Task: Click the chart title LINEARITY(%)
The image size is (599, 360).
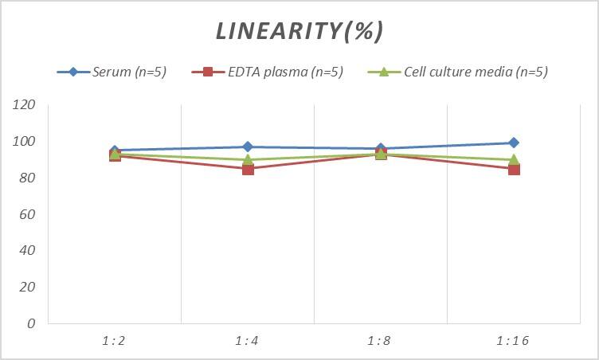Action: click(299, 31)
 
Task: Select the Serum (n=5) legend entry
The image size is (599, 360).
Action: click(112, 72)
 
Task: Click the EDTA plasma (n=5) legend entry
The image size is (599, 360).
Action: click(268, 72)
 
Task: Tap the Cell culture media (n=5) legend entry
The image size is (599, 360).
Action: click(457, 72)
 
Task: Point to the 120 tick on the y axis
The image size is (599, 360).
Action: click(25, 105)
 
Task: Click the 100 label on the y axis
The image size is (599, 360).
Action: click(25, 142)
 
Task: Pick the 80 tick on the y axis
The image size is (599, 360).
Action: click(28, 178)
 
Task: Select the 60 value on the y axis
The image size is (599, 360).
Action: click(28, 214)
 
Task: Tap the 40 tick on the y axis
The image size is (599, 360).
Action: click(28, 250)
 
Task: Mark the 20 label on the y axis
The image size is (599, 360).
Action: click(28, 287)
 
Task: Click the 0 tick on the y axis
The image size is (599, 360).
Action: click(31, 323)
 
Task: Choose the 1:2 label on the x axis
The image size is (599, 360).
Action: click(114, 341)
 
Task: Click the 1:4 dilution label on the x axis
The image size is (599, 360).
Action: click(247, 341)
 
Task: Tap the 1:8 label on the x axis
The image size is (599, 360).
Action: click(380, 341)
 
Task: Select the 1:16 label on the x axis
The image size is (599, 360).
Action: click(513, 341)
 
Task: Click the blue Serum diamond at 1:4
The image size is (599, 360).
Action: click(248, 147)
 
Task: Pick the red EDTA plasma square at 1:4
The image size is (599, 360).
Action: click(248, 169)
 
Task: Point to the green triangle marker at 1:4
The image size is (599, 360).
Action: click(248, 159)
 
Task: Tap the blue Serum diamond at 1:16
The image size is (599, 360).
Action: click(514, 143)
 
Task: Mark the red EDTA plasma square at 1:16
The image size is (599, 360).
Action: click(514, 169)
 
